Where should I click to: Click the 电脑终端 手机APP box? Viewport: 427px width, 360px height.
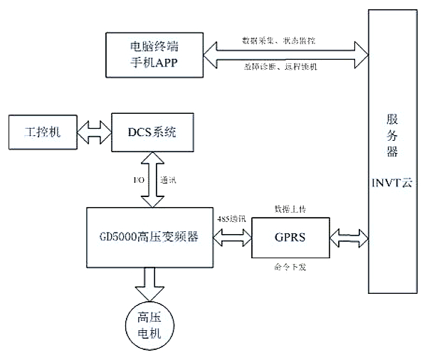154,55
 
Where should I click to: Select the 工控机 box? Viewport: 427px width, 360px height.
40,132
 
